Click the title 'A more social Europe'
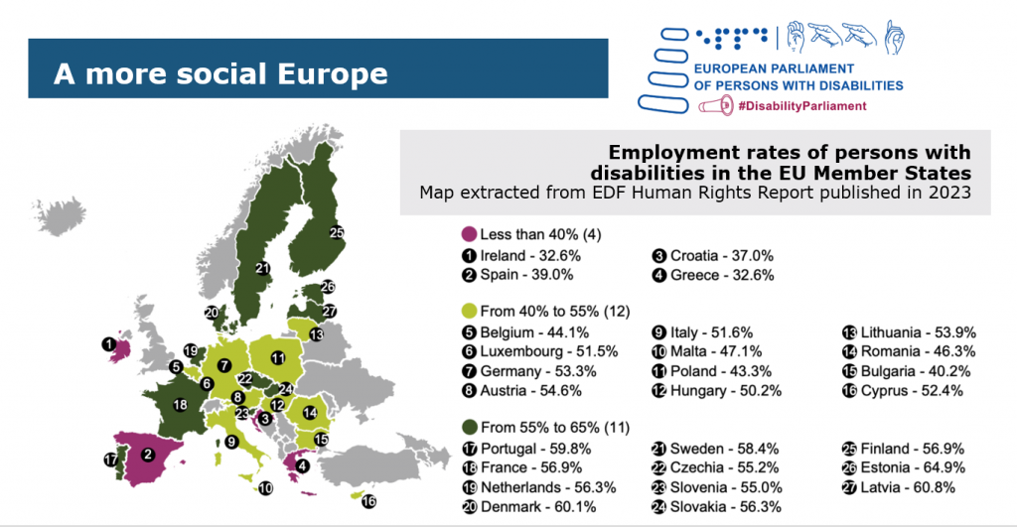point(219,73)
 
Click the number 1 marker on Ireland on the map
point(107,344)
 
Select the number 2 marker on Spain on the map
point(147,455)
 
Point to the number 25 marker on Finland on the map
point(337,232)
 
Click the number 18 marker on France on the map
point(180,405)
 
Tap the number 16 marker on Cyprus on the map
point(370,502)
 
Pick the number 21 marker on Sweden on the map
point(262,267)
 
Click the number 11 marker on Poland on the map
point(278,357)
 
